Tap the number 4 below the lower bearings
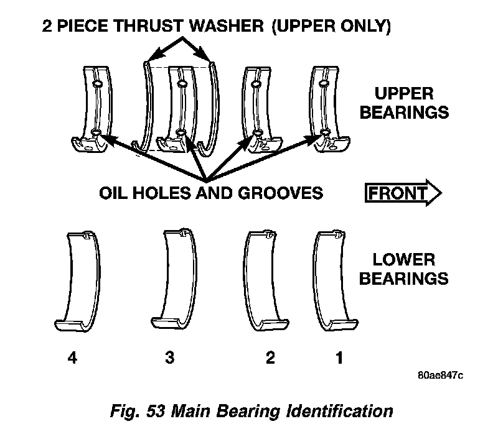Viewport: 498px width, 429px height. pyautogui.click(x=73, y=359)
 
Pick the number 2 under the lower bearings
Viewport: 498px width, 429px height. pyautogui.click(x=270, y=359)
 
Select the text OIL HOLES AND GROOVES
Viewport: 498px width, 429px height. pyautogui.click(x=211, y=193)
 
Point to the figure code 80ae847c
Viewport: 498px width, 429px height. pyautogui.click(x=441, y=376)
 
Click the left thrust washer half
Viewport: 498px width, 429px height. pyautogui.click(x=149, y=106)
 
